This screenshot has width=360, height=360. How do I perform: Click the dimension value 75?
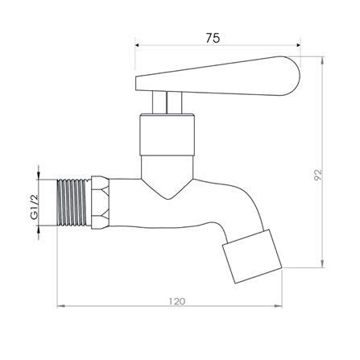[213, 38]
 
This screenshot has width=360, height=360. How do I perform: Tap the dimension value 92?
[318, 175]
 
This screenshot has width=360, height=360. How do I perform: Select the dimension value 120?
[177, 301]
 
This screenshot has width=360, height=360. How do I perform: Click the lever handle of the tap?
[217, 77]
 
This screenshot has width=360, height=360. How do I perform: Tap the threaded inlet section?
[74, 202]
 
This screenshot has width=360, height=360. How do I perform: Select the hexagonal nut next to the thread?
[101, 202]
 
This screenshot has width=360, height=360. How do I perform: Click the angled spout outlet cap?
[252, 256]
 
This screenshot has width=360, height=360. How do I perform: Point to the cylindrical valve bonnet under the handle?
[167, 134]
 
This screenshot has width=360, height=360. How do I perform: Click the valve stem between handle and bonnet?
[167, 103]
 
